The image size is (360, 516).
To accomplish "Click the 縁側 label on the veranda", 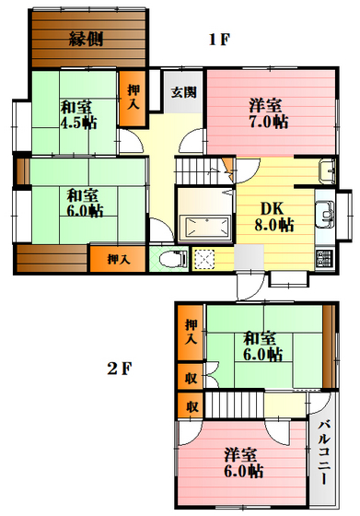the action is coord(87,39).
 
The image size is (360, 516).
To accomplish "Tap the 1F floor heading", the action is coord(219,40).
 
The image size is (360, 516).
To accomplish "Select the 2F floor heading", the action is coord(120,369).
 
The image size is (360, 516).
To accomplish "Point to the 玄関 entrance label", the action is coord(183,92).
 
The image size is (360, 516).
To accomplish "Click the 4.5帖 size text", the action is coord(78,123).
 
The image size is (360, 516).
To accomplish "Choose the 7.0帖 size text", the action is coord(269,122).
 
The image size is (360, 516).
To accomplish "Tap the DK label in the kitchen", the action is coord(272,208).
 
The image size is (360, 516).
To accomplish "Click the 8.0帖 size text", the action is coord(273,225).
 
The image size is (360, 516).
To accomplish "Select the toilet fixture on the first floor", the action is coord(173,259).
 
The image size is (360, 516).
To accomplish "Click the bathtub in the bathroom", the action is coord(205,227).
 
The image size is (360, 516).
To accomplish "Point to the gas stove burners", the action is coord(324,259).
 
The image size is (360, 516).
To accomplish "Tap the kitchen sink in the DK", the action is coord(325,214).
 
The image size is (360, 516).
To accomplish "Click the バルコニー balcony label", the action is coord(324,452).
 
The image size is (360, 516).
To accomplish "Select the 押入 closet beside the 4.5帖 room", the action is coord(132,98).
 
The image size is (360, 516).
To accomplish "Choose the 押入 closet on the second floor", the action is coord(191,333).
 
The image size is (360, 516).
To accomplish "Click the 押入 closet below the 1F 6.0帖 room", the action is coord(118,259).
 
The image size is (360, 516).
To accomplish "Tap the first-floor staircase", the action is coord(203,170).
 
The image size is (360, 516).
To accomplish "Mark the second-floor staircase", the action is coord(235,405).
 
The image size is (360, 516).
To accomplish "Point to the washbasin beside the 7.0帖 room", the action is coord(327,171).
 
